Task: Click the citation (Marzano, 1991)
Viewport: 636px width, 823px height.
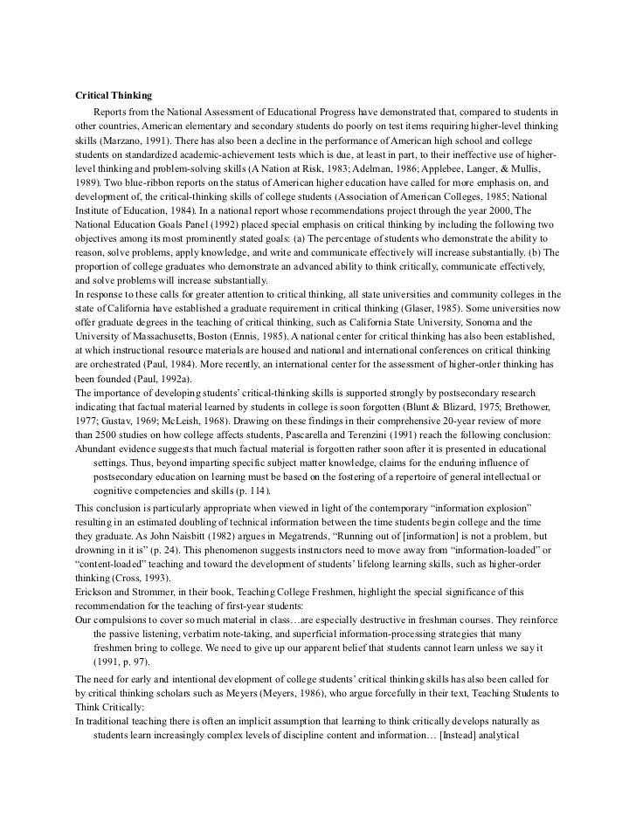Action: tap(130, 139)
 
